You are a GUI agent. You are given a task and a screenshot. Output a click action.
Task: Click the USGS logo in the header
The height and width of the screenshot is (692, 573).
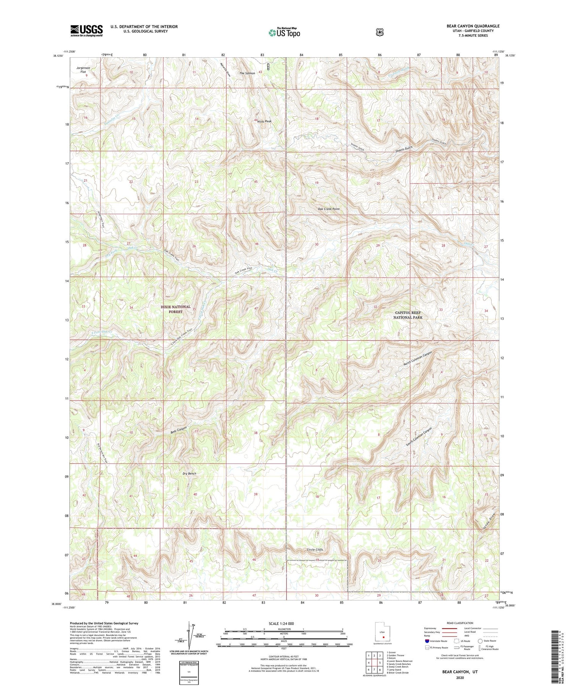pyautogui.click(x=86, y=31)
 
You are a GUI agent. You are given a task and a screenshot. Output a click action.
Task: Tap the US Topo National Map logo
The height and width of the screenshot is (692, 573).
pyautogui.click(x=284, y=32)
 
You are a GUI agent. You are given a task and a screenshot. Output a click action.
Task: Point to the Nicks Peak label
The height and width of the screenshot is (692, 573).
pyautogui.click(x=264, y=121)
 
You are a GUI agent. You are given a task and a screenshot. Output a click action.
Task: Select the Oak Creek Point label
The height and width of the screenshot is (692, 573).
pyautogui.click(x=329, y=209)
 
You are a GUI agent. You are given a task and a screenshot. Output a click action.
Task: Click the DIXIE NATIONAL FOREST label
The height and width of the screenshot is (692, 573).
pyautogui.click(x=176, y=309)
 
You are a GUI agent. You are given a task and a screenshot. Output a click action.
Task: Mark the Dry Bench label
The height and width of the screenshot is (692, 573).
pyautogui.click(x=189, y=474)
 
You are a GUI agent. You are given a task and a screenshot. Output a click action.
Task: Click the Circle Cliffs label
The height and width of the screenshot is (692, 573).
pyautogui.click(x=315, y=550)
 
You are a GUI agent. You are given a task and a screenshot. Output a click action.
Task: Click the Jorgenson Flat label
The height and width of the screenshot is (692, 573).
pyautogui.click(x=83, y=69)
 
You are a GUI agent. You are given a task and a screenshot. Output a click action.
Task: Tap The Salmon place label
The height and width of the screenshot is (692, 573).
pyautogui.click(x=247, y=73)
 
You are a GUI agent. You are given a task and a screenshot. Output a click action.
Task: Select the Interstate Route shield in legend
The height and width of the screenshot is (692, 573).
pyautogui.click(x=427, y=641)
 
